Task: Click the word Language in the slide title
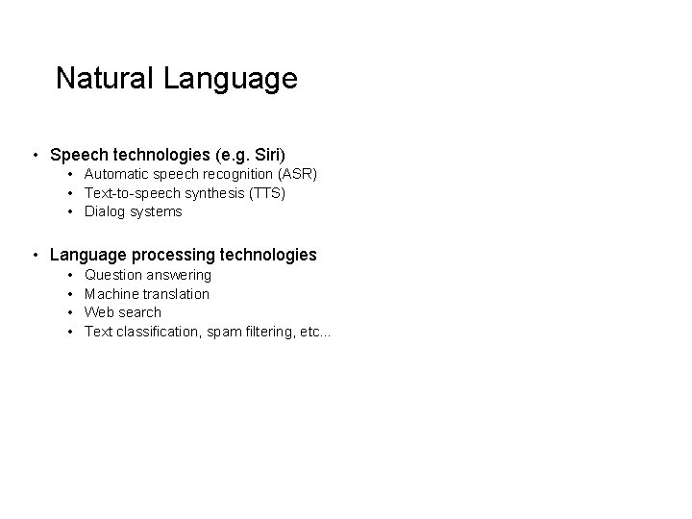tap(231, 80)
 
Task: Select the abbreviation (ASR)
tap(296, 174)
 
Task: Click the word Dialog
tap(105, 211)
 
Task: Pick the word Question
tap(113, 276)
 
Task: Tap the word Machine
tap(112, 294)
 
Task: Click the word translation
tap(177, 294)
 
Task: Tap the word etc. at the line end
tap(314, 332)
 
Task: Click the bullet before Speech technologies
tap(35, 154)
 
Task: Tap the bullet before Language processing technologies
tap(35, 255)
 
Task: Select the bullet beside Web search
tap(72, 312)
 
